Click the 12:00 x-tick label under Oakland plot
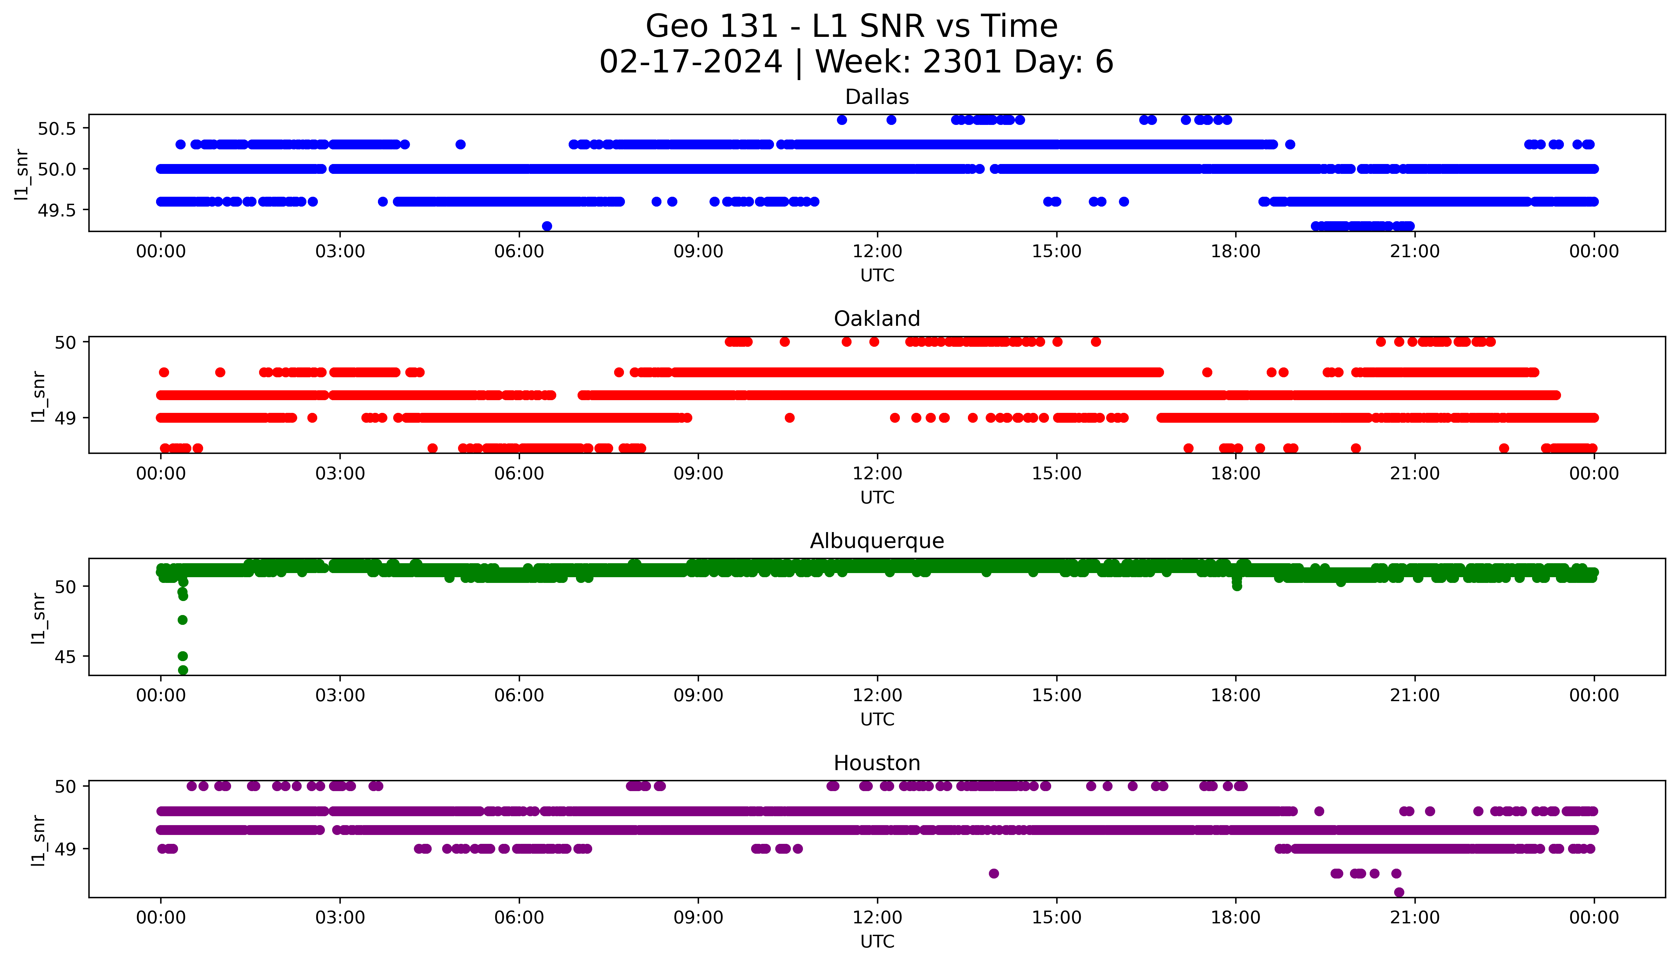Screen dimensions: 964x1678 tap(877, 473)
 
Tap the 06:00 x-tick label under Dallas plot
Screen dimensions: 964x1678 tap(519, 252)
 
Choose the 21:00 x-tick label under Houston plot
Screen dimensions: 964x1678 tap(1414, 918)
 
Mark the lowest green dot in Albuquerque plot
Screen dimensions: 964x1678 tap(183, 670)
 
